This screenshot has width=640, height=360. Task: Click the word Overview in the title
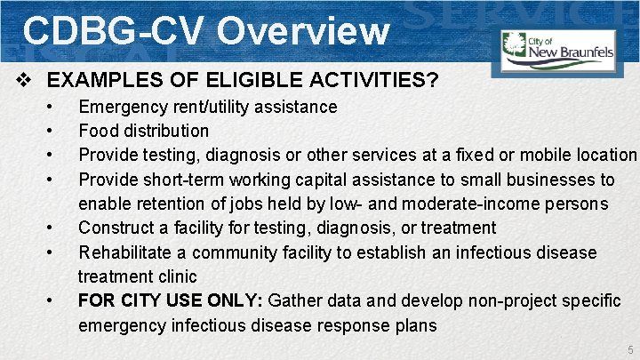coord(303,30)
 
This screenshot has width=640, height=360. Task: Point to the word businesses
coord(551,180)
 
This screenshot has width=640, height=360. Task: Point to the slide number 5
coord(628,349)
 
